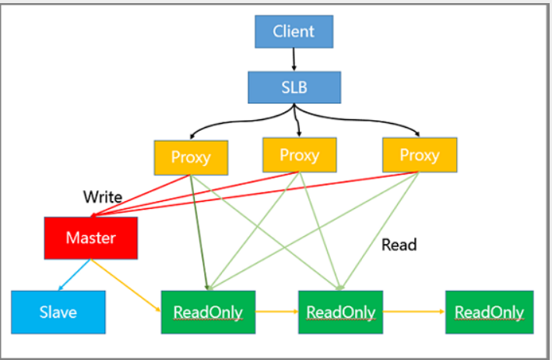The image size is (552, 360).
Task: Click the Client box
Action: point(294,31)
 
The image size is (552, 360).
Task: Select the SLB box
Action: point(294,87)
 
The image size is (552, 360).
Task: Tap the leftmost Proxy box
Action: point(191,157)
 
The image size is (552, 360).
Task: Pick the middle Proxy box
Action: point(300,155)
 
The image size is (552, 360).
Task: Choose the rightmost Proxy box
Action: point(420,155)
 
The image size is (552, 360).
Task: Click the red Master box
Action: point(91,238)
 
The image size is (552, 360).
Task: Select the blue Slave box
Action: point(58,312)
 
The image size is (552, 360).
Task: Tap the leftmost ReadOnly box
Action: point(208,312)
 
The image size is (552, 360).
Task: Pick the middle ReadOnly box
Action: point(340,312)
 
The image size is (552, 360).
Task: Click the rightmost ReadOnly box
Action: point(490,312)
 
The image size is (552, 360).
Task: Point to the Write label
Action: point(103,197)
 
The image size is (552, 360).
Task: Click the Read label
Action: point(399,245)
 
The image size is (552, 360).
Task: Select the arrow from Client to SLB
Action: point(294,59)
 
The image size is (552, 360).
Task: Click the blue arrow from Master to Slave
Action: point(74,275)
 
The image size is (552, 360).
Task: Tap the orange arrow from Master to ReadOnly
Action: point(125,285)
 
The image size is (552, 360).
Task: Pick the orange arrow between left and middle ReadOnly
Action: point(276,312)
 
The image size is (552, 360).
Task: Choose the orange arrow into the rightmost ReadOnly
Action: point(414,312)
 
